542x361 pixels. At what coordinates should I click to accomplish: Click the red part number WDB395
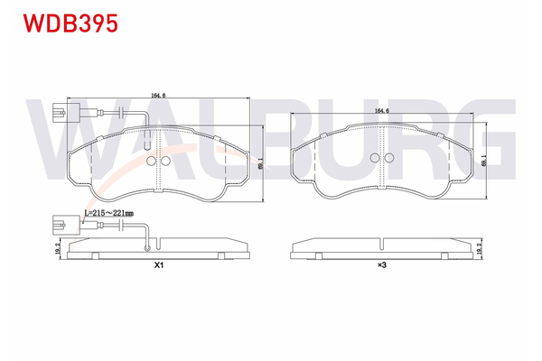(x=70, y=23)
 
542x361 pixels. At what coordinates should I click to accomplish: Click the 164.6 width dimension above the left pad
(x=158, y=95)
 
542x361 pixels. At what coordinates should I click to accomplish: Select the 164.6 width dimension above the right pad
(x=382, y=110)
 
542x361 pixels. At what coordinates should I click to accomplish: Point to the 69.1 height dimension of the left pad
(x=260, y=163)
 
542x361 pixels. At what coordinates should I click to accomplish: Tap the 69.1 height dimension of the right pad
(x=484, y=161)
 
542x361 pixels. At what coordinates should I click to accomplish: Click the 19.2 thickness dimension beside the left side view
(x=58, y=248)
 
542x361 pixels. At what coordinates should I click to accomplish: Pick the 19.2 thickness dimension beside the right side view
(x=479, y=248)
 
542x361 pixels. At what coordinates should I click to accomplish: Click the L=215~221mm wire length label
(x=109, y=213)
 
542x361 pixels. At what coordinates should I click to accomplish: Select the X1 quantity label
(x=159, y=265)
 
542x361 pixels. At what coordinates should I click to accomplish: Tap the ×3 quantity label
(x=381, y=265)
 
